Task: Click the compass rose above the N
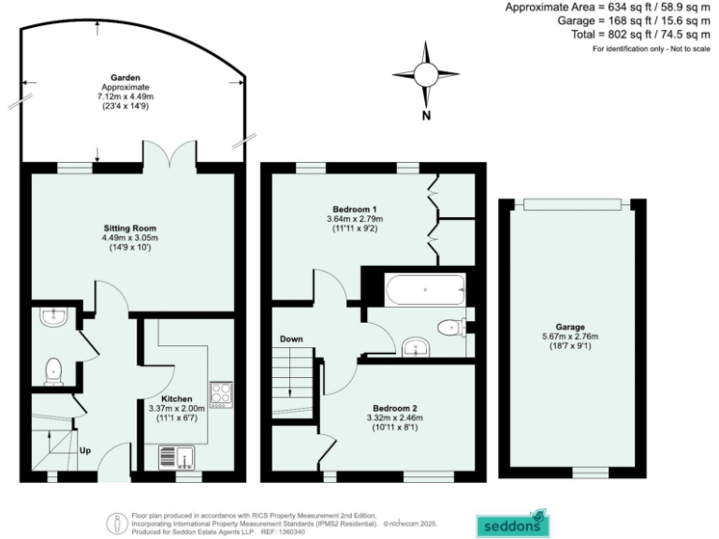[425, 73]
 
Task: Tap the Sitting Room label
[129, 228]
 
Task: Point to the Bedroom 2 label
[394, 408]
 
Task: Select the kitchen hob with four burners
[220, 394]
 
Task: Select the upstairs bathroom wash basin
[414, 348]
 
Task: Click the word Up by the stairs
[83, 450]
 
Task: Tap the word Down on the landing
[291, 339]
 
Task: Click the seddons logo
[511, 523]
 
